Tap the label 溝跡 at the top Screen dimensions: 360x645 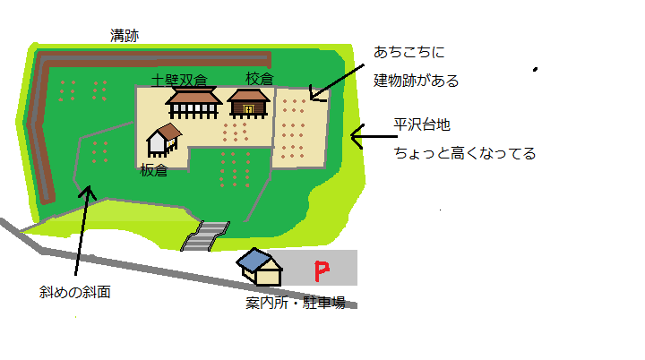125,35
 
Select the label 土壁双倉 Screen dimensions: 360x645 185,80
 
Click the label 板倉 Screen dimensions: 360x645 154,170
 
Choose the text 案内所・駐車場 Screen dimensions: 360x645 296,302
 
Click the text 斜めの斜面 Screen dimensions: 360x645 75,292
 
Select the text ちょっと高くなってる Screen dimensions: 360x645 465,153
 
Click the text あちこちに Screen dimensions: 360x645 411,52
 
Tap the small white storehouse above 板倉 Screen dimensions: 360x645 163,140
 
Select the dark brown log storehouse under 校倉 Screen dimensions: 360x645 248,103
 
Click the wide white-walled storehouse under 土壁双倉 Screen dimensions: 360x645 193,103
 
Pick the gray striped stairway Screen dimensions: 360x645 205,236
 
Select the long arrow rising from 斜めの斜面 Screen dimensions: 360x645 82,229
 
